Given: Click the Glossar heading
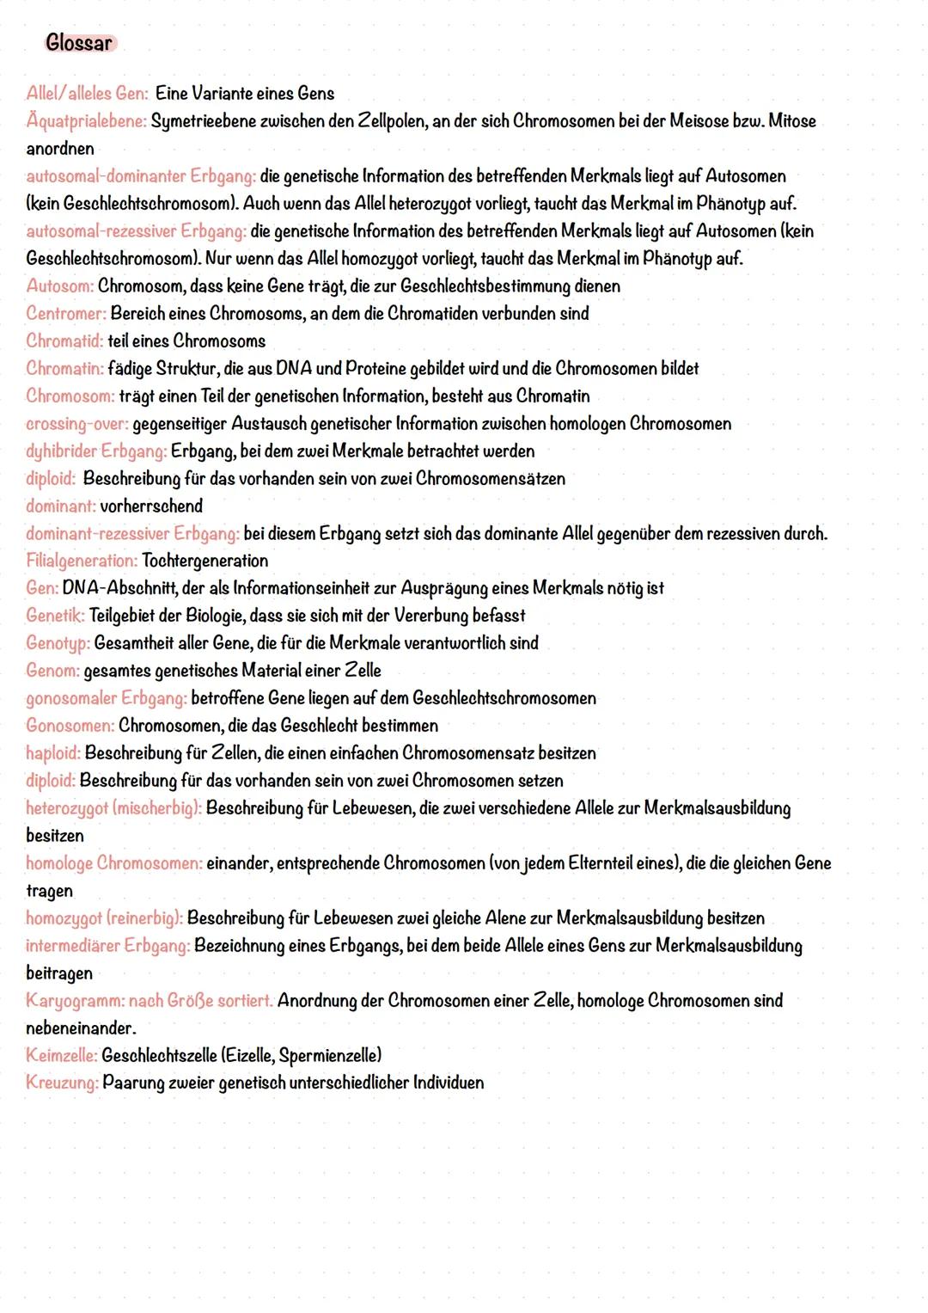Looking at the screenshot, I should (79, 43).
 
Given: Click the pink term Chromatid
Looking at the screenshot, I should (64, 341).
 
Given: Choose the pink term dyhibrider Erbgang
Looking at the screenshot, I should (96, 451).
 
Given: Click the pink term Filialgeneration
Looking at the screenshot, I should (82, 561).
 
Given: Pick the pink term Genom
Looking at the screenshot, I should (53, 671).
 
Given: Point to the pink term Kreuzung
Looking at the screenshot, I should (63, 1083).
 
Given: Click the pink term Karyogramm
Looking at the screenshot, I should (76, 1001).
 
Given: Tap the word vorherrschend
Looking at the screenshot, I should (151, 506).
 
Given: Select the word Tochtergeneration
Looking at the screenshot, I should (205, 561).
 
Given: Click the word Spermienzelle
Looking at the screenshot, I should (329, 1055).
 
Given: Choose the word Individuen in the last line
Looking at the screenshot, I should (448, 1083).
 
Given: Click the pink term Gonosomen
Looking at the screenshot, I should (70, 726).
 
